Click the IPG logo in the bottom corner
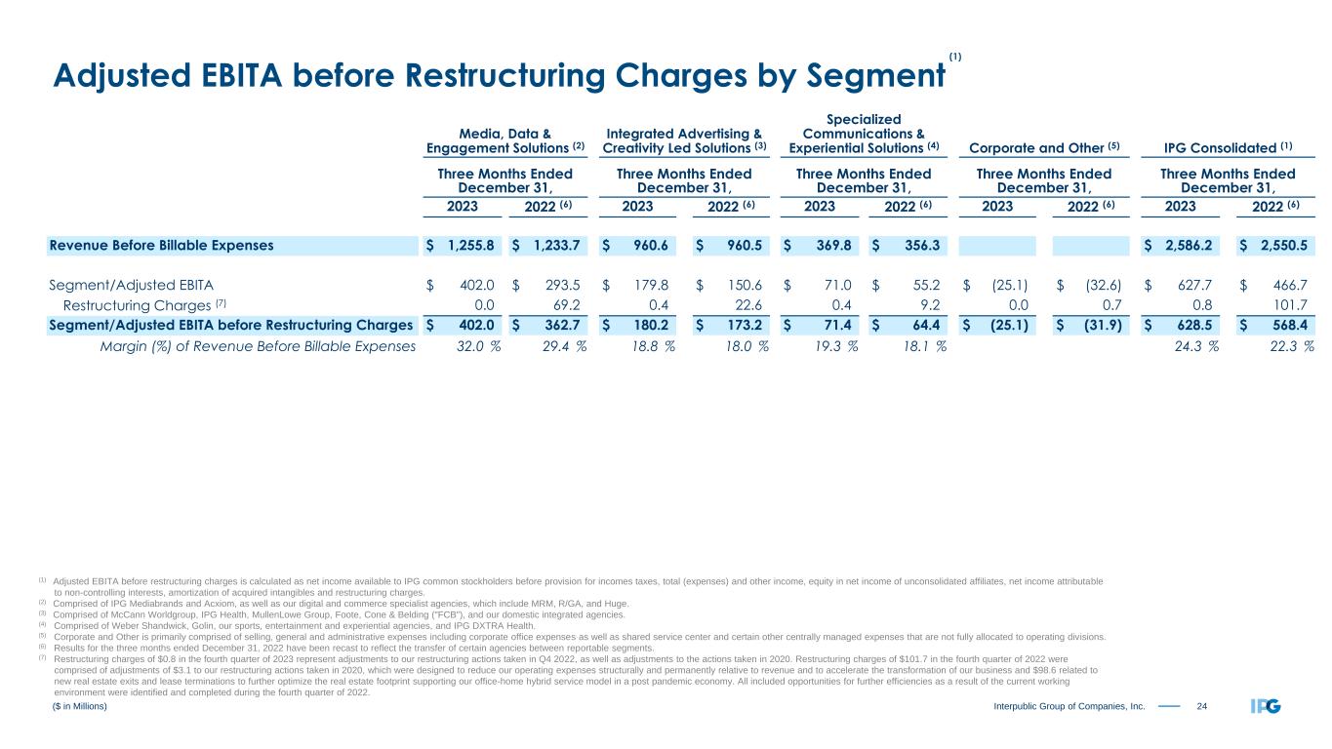(1266, 706)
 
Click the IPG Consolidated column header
(1229, 147)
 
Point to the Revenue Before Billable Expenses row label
(160, 245)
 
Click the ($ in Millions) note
(79, 706)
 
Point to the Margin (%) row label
(258, 345)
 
